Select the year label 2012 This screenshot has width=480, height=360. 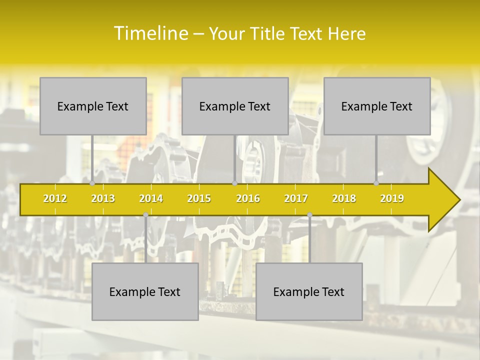(x=55, y=198)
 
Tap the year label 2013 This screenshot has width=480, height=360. (x=103, y=198)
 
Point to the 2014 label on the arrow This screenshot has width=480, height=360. (x=151, y=198)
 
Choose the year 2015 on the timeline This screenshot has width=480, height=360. (x=199, y=198)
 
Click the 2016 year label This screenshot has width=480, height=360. (x=248, y=198)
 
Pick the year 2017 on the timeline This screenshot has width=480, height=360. (x=296, y=198)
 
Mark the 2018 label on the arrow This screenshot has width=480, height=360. (x=344, y=198)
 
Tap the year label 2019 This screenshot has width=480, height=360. (x=392, y=198)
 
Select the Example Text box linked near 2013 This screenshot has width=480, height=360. (x=93, y=106)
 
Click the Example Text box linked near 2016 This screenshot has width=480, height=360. (x=235, y=106)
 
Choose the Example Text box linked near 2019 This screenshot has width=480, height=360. (x=377, y=106)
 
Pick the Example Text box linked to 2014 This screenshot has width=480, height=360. (x=145, y=291)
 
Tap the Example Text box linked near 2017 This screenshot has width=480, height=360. (x=309, y=291)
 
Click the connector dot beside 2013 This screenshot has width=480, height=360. (x=92, y=183)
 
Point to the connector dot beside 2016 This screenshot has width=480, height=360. (x=234, y=183)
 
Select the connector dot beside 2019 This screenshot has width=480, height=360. (x=376, y=183)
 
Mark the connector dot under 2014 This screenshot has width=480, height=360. (x=145, y=214)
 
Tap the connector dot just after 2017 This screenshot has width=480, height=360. (x=309, y=214)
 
